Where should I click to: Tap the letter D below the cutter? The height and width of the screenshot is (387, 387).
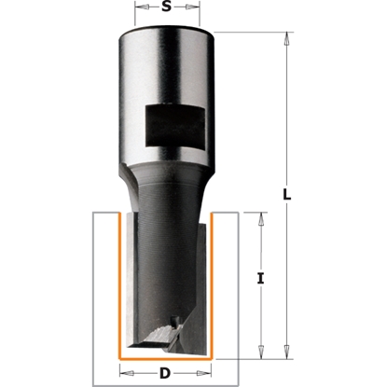tap(165, 376)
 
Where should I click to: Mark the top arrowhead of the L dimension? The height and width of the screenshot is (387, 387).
tap(284, 38)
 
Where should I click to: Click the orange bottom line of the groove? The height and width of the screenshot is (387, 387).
tap(165, 356)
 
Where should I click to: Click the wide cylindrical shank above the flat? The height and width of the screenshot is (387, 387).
tap(165, 65)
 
